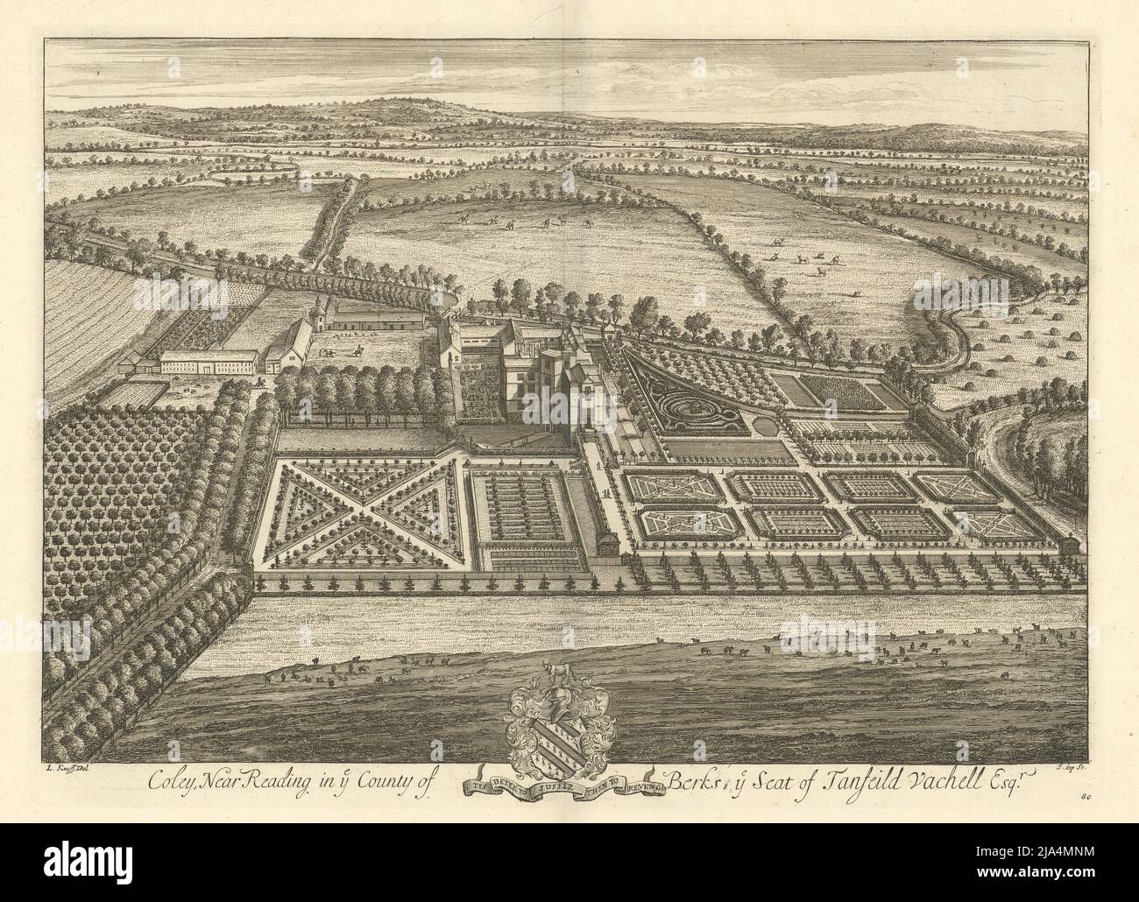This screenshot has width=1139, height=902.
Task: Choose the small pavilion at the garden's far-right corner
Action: (1067, 546)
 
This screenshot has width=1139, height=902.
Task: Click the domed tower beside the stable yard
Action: (316, 309)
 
